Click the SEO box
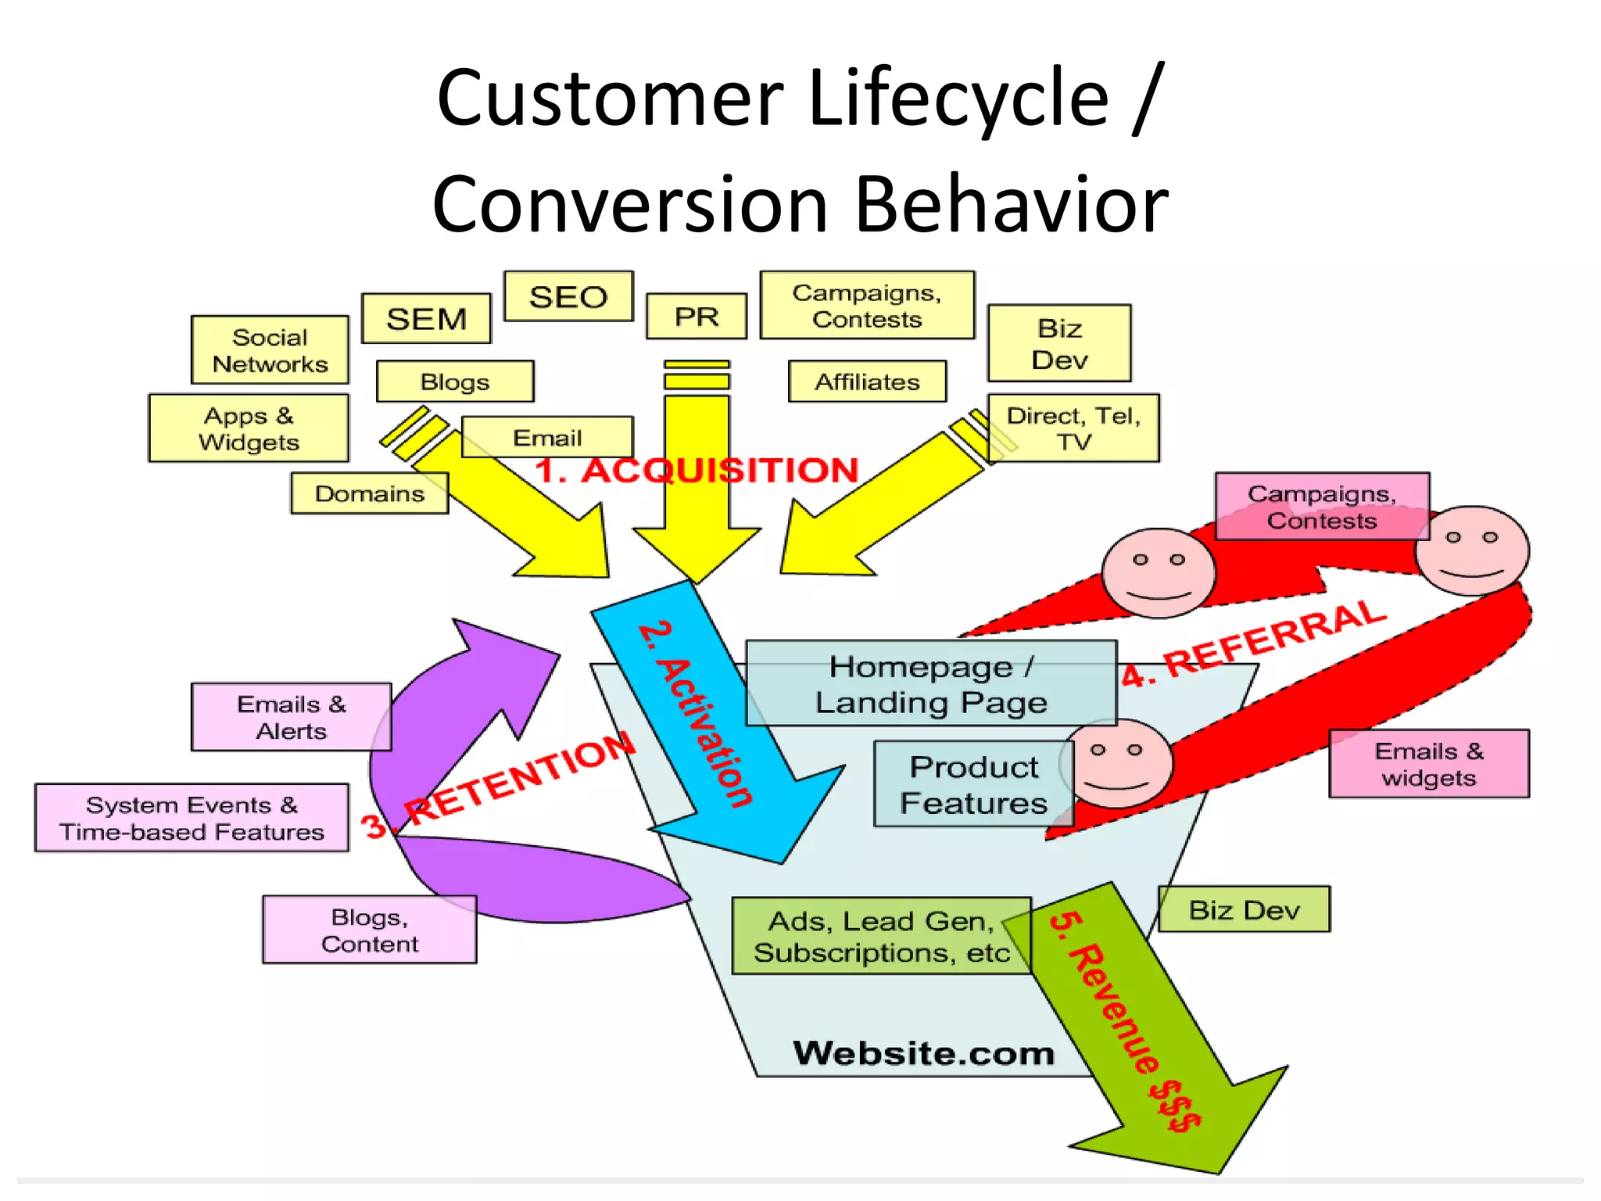pyautogui.click(x=568, y=296)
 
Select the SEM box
pyautogui.click(x=426, y=318)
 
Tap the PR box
pyautogui.click(x=696, y=317)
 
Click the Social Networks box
pyautogui.click(x=270, y=350)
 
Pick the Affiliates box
pyautogui.click(x=867, y=382)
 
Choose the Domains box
pyautogui.click(x=369, y=493)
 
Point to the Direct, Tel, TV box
pyautogui.click(x=1073, y=428)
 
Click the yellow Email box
pyautogui.click(x=547, y=437)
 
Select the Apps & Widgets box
pyautogui.click(x=249, y=428)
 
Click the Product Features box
pyautogui.click(x=973, y=784)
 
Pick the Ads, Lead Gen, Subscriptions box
pyautogui.click(x=881, y=936)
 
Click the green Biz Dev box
pyautogui.click(x=1243, y=909)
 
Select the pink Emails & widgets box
pyautogui.click(x=1428, y=764)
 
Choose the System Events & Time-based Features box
pyautogui.click(x=192, y=818)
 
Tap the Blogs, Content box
pyautogui.click(x=369, y=930)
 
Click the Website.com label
pyautogui.click(x=923, y=1053)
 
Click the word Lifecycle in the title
pyautogui.click(x=959, y=98)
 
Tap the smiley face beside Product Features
pyautogui.click(x=1116, y=764)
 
